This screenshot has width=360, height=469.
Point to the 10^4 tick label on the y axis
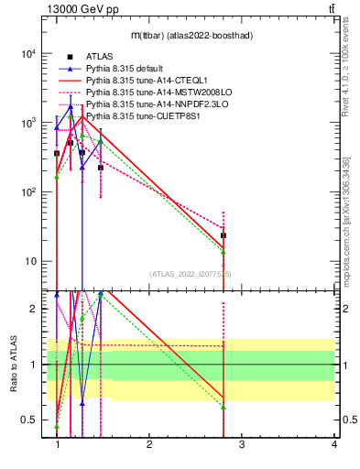click(x=28, y=53)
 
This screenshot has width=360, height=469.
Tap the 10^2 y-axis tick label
click(x=28, y=192)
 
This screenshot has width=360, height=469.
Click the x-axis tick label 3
click(x=242, y=446)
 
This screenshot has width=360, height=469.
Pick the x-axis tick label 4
click(x=333, y=446)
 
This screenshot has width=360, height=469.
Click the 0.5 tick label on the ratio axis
click(x=29, y=420)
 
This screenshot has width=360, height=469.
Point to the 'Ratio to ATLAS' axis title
click(x=13, y=365)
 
